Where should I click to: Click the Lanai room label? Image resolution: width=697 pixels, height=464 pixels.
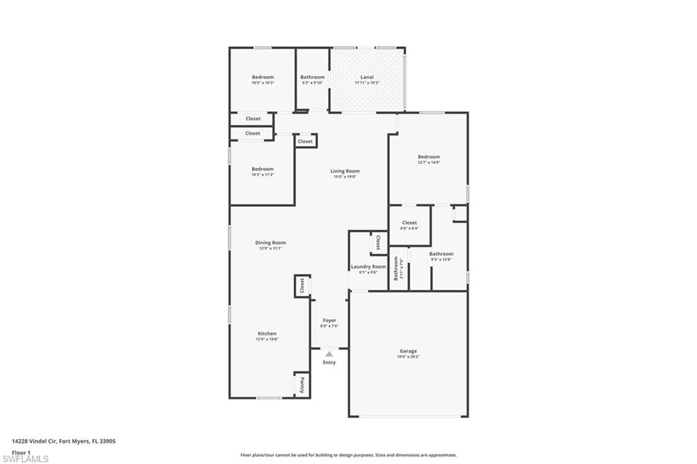click(x=366, y=77)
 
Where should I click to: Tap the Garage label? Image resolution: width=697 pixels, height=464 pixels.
click(x=408, y=351)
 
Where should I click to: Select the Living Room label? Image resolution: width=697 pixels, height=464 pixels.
click(x=345, y=171)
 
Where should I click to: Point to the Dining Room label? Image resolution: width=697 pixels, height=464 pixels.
click(x=270, y=243)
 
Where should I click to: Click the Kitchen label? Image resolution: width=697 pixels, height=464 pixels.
click(x=267, y=333)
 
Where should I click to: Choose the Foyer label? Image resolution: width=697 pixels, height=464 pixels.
click(x=329, y=320)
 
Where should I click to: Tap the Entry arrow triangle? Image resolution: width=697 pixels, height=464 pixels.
click(x=329, y=354)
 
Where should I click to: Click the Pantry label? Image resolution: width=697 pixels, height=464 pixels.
click(x=302, y=386)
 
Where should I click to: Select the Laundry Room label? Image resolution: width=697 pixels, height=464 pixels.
click(x=368, y=267)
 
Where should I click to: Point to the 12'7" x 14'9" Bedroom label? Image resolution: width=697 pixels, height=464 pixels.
click(x=429, y=157)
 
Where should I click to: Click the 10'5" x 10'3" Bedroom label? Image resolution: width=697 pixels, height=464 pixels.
click(x=263, y=77)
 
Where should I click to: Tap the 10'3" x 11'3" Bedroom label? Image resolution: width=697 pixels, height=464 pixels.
click(x=263, y=169)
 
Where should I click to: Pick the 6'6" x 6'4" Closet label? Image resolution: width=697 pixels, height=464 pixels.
click(x=409, y=222)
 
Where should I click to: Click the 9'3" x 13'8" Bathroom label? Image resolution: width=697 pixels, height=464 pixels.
click(x=441, y=254)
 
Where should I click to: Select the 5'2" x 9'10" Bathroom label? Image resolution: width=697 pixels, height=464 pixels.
click(x=312, y=77)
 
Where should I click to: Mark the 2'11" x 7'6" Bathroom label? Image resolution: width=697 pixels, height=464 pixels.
click(x=396, y=268)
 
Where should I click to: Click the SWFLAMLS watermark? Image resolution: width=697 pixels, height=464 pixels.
click(x=26, y=459)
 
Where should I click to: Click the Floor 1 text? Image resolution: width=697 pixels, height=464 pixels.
click(x=22, y=452)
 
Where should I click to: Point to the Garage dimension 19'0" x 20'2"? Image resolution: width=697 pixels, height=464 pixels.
click(x=408, y=357)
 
